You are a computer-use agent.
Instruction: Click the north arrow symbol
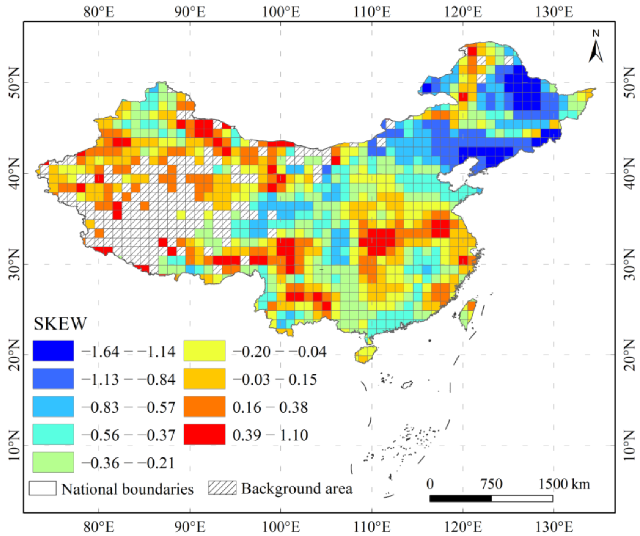(x=595, y=47)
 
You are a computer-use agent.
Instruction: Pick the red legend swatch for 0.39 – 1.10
(x=204, y=435)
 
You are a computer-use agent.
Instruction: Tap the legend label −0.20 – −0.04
(x=279, y=351)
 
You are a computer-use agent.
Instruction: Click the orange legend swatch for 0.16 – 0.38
(x=204, y=407)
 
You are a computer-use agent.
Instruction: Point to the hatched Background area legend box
(x=222, y=489)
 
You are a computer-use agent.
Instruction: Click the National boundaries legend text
(x=128, y=489)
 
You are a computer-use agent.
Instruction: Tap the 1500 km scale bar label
(x=563, y=484)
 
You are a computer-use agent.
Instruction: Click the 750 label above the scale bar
(x=491, y=484)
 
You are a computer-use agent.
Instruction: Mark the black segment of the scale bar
(x=460, y=498)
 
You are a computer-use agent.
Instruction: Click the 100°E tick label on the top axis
(x=280, y=10)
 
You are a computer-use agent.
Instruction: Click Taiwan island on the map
(x=468, y=313)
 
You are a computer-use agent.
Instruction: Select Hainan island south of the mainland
(x=366, y=355)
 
